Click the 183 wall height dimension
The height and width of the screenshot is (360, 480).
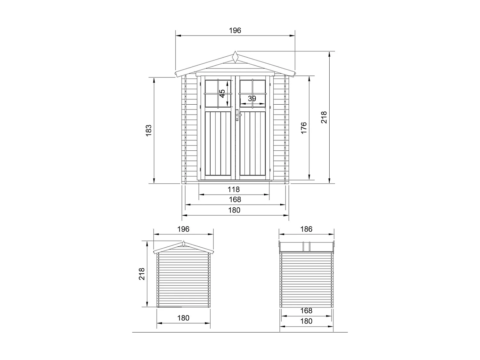148,130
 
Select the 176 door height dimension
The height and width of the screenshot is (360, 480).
304,128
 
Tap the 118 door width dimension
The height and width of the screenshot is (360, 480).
234,189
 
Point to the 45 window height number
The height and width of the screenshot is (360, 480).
222,93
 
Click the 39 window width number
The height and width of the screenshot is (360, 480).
252,99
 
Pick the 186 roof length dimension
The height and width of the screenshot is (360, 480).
306,229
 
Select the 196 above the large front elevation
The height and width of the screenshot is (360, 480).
235,30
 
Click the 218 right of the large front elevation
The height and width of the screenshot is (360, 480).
324,117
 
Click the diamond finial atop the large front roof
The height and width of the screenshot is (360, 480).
236,57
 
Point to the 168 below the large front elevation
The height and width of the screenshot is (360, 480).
235,200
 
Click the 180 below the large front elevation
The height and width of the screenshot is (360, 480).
234,210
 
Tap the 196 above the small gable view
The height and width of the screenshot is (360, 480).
183,229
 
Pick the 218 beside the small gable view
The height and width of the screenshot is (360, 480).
142,274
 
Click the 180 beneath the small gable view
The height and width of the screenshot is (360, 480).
183,318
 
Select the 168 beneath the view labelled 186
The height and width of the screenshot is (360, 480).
306,311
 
